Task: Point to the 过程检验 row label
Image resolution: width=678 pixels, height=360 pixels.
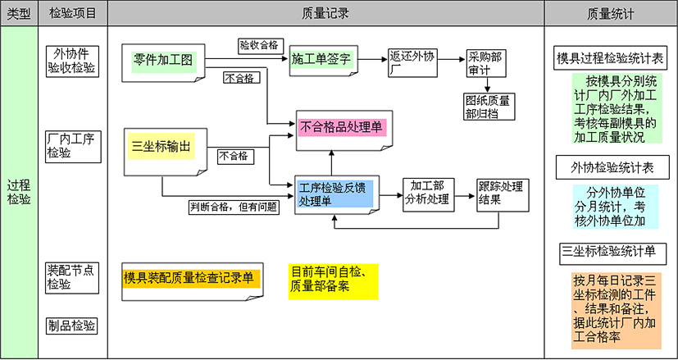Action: (x=19, y=191)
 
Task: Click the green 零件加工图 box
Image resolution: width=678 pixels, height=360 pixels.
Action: (x=163, y=60)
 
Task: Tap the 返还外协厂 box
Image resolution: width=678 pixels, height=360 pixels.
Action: (x=411, y=62)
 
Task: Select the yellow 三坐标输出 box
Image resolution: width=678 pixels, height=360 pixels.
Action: (x=162, y=148)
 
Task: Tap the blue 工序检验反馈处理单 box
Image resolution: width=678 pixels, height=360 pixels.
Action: (x=333, y=194)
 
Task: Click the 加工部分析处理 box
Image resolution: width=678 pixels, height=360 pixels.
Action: (x=427, y=192)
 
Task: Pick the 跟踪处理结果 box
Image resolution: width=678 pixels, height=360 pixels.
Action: (x=499, y=192)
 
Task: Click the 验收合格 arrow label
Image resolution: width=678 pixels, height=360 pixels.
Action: (x=257, y=44)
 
